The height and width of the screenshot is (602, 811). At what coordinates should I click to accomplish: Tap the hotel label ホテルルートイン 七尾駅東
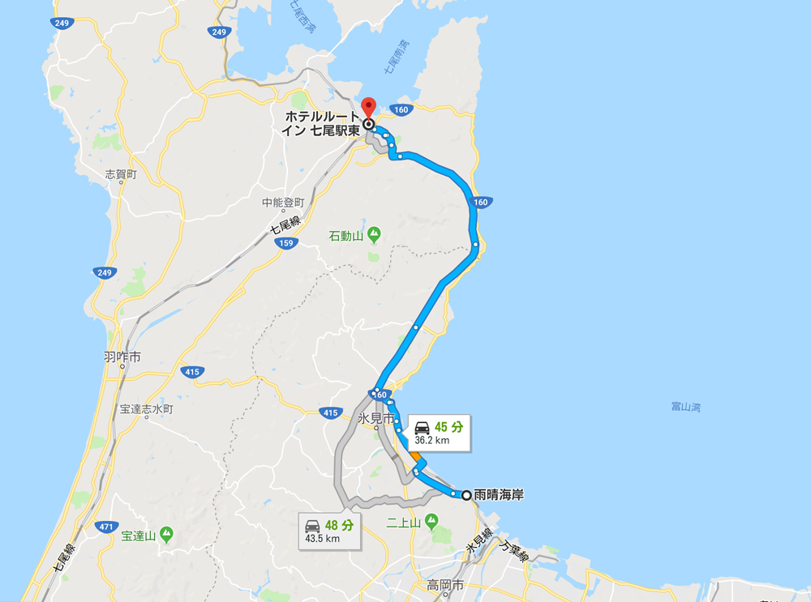(320, 123)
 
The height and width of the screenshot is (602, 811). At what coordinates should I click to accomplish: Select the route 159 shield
(284, 242)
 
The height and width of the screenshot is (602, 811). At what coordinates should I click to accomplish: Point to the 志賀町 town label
(121, 174)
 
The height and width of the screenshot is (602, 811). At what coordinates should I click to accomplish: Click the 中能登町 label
(282, 203)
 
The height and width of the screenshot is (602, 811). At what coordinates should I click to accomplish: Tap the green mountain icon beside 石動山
(374, 235)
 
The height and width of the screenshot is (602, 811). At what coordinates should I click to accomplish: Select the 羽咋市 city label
(122, 356)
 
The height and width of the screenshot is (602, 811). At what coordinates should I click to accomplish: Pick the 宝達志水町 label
(147, 409)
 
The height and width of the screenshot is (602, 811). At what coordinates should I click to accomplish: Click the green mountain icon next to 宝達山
(166, 534)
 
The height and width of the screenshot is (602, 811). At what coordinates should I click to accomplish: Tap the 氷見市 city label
(375, 419)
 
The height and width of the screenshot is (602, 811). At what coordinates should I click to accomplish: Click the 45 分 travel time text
(448, 427)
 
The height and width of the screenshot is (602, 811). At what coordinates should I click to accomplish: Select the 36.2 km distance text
(431, 442)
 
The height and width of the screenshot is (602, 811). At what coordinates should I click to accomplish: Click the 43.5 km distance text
(323, 539)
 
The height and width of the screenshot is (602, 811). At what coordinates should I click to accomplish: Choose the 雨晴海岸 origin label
(499, 494)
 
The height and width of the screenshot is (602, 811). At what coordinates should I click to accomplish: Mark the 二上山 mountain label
(402, 523)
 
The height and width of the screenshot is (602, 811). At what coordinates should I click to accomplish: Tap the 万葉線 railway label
(515, 554)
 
